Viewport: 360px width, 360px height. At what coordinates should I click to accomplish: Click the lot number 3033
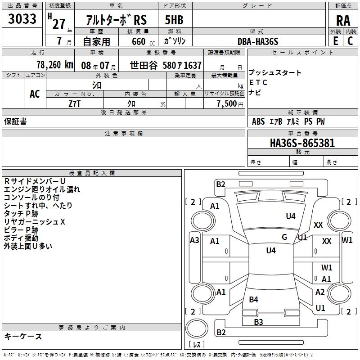(x=22, y=19)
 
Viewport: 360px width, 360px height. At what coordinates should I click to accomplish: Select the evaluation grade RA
(x=343, y=21)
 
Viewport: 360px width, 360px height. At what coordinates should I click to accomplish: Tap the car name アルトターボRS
(x=116, y=20)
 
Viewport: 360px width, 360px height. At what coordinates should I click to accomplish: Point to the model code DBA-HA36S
(x=258, y=41)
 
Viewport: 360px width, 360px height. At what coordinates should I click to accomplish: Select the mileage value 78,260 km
(x=54, y=65)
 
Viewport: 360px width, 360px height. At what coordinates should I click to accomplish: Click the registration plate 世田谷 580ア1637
(x=166, y=65)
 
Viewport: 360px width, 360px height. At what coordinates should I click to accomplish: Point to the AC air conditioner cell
(x=35, y=94)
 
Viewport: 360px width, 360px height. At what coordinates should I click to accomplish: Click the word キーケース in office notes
(x=23, y=337)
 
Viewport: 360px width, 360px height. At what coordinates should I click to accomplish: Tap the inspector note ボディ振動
(x=21, y=238)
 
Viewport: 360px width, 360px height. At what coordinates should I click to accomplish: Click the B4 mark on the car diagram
(x=254, y=300)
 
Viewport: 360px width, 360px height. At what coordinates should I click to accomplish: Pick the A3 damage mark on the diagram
(x=194, y=240)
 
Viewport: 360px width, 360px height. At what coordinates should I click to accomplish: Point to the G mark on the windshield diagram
(x=284, y=237)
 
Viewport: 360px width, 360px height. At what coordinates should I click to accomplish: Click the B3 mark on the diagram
(x=258, y=321)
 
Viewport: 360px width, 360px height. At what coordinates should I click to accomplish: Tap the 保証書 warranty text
(x=15, y=121)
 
